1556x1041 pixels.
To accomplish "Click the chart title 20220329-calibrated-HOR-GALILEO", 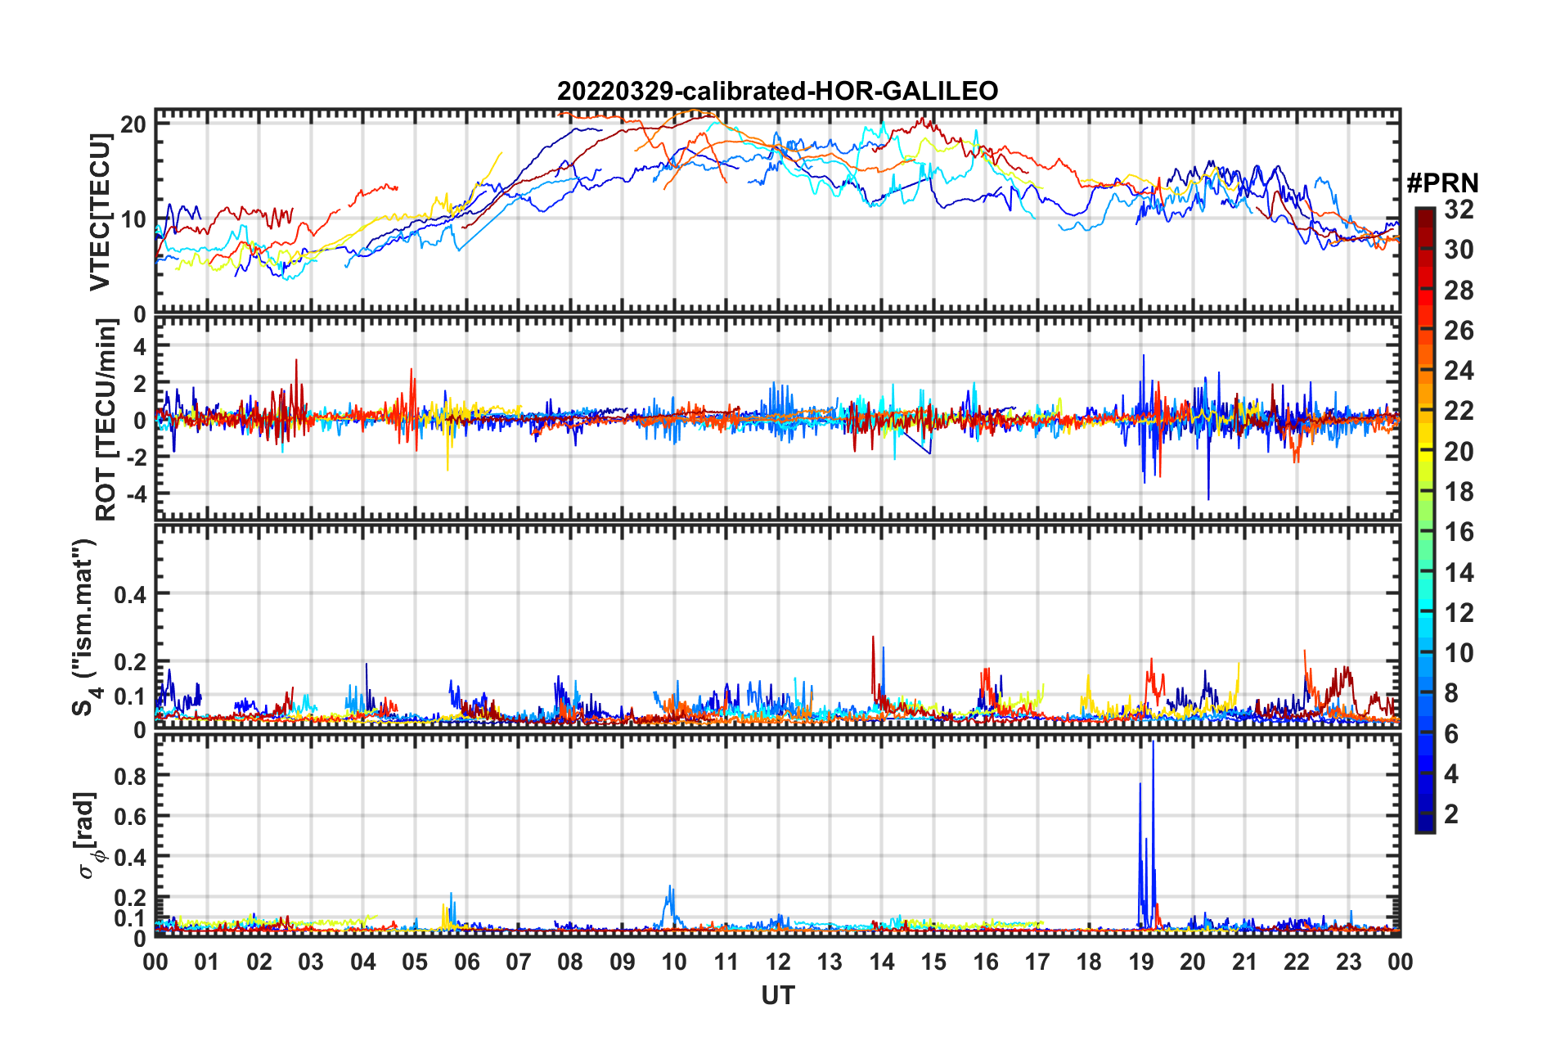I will (777, 91).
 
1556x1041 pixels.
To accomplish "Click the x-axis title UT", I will (777, 995).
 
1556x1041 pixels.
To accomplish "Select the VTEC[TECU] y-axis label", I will (100, 212).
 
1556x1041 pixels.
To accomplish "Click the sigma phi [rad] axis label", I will (88, 835).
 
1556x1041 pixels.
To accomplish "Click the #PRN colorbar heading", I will (1441, 183).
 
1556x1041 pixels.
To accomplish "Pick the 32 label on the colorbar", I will (1459, 210).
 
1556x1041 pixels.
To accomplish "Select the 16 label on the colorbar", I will (1459, 532).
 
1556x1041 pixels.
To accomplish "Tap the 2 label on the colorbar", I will (1452, 814).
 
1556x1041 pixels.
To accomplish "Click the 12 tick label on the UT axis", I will (777, 962).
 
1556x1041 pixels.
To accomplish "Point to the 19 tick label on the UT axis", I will (1140, 962).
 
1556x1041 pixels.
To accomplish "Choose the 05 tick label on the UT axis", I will (415, 962).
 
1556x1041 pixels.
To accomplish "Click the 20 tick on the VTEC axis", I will (133, 124).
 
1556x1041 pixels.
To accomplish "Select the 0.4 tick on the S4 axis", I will (130, 595).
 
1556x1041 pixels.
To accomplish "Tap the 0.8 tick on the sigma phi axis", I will (130, 776).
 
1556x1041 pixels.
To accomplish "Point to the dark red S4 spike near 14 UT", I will (873, 638).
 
